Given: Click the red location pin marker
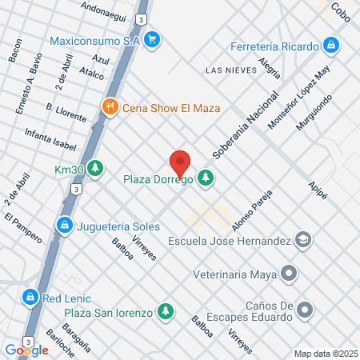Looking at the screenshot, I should (180, 162).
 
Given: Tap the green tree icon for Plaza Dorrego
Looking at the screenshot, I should (206, 178).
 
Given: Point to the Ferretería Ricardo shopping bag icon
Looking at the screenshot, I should (330, 45).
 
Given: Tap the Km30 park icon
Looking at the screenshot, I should (96, 169).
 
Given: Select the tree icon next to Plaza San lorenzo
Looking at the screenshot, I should (166, 310).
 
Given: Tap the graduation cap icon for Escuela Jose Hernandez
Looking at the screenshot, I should (303, 239).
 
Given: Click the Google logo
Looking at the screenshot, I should (26, 350).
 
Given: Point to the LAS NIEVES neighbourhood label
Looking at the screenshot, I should (231, 70).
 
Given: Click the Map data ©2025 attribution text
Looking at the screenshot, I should (324, 354).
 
